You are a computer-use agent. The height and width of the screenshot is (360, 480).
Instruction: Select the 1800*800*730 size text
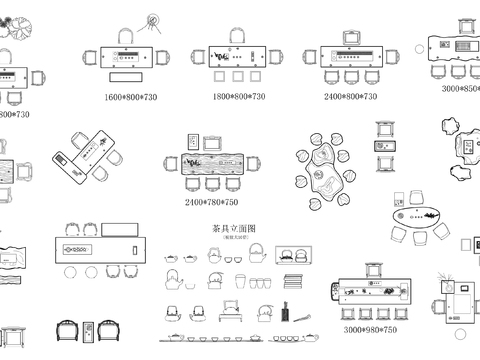pyautogui.click(x=239, y=97)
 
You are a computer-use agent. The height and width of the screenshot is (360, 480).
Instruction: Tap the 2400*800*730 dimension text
pyautogui.click(x=350, y=97)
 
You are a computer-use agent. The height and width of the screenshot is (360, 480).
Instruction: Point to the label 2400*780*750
pyautogui.click(x=211, y=202)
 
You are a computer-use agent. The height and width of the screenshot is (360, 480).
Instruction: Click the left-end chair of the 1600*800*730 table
pyautogui.click(x=91, y=57)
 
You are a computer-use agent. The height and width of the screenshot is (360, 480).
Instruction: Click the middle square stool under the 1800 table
pyautogui.click(x=239, y=76)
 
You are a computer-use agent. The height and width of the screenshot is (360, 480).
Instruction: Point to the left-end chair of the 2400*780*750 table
pyautogui.click(x=168, y=163)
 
